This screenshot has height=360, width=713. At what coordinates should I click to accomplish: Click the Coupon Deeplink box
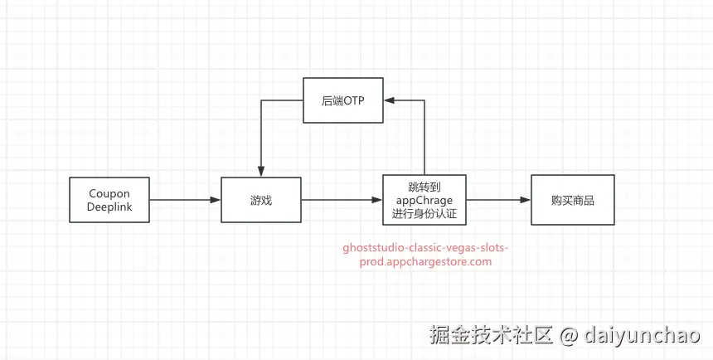coord(109,200)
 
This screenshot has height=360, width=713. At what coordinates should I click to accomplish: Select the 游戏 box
coord(260,200)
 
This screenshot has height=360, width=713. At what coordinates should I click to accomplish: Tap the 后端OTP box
coord(343,100)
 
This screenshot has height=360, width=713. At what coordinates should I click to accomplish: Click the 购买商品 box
coord(572,200)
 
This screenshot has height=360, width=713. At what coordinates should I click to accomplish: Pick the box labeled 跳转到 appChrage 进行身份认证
coord(424,200)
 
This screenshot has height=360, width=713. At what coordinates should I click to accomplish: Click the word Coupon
coord(109,193)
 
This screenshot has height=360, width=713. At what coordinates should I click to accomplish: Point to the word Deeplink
coord(109,207)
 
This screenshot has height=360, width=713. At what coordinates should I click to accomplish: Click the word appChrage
coord(424,200)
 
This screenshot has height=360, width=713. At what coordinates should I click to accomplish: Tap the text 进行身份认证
coord(424,213)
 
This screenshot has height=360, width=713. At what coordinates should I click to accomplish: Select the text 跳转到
coord(424,187)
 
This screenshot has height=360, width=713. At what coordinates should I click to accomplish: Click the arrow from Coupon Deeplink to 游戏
coord(185,200)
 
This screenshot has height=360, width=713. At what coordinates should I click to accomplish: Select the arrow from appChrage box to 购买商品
coord(497,200)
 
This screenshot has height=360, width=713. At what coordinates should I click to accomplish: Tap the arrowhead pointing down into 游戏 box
coord(261,171)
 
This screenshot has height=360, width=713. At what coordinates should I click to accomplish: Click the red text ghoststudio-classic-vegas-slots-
coord(424,248)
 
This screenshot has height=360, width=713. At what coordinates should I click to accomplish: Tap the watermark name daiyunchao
coord(643,335)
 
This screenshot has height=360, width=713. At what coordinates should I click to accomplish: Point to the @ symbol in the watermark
coord(568,335)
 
